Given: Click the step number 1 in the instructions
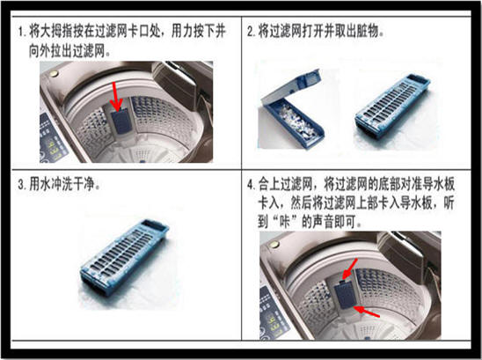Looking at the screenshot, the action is tap(20, 33).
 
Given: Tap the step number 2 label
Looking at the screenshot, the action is tap(251, 32).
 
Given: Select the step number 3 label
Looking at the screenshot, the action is tap(20, 185).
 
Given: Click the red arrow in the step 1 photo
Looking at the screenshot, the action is tap(116, 97).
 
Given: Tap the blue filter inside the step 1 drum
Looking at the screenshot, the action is tap(120, 122).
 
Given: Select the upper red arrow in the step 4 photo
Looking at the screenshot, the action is tap(349, 269).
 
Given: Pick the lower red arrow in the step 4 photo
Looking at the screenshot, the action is tap(366, 312).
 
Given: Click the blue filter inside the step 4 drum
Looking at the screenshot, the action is tap(344, 296).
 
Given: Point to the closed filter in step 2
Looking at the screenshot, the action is tap(393, 108).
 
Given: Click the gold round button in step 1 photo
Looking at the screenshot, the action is tap(54, 74).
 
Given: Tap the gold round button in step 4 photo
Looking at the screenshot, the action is tap(273, 245).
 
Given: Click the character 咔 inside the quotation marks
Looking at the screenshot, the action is tap(283, 221).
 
